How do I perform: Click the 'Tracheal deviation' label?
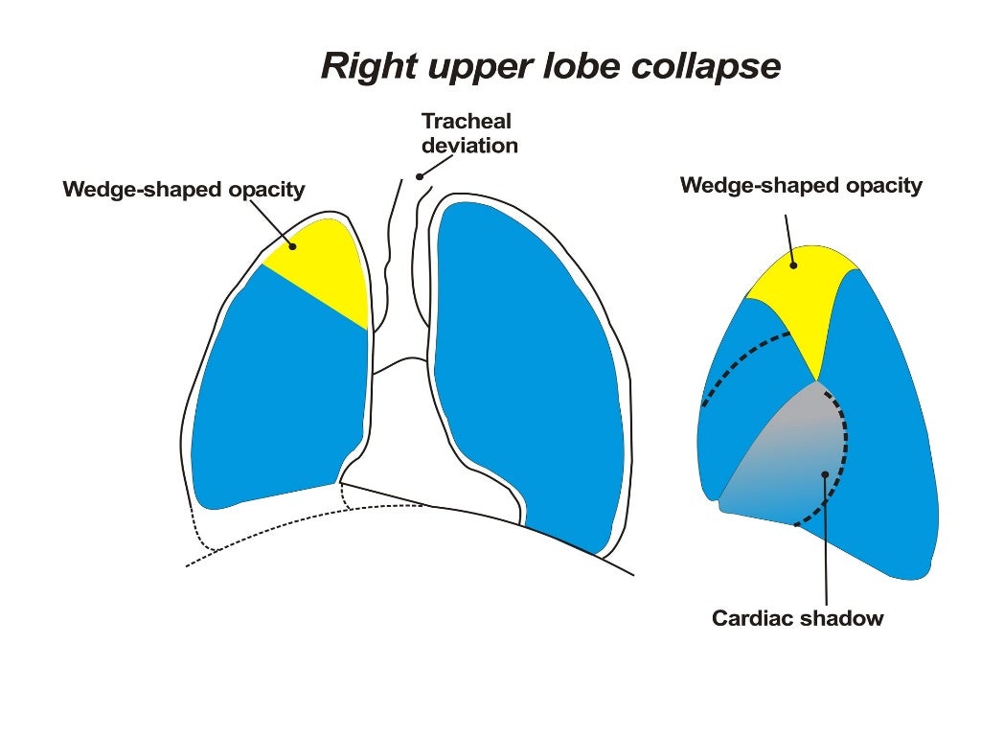[x=469, y=134]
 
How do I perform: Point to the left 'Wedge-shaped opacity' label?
[x=184, y=190]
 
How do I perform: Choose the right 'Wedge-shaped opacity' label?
[x=801, y=186]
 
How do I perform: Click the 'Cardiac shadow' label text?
[x=797, y=618]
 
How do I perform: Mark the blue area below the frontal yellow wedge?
[x=278, y=393]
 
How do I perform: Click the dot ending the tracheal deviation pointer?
[x=419, y=176]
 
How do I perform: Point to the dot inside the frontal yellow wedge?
[x=294, y=246]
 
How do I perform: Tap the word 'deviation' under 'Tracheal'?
[x=469, y=147]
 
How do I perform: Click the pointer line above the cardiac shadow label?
[x=824, y=546]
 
